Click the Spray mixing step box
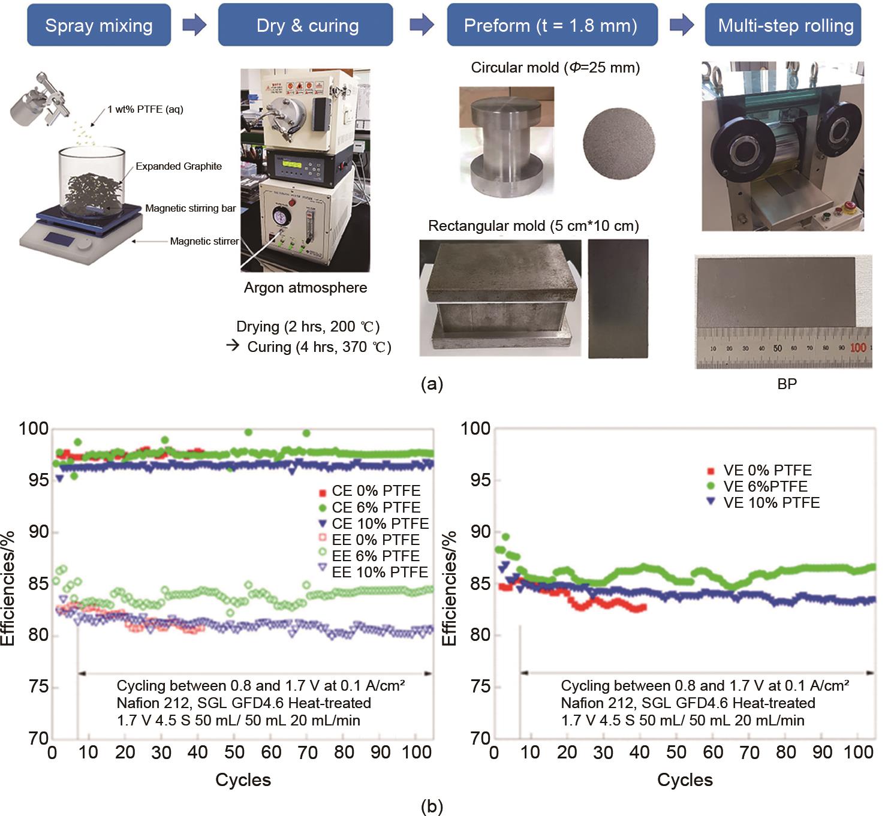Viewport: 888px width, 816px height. [99, 25]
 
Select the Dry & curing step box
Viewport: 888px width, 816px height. [306, 25]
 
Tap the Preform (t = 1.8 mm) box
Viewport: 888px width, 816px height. [552, 25]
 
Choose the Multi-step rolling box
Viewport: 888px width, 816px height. [783, 25]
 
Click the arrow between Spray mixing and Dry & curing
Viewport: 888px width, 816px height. [194, 25]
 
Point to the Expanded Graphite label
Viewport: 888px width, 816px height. [179, 166]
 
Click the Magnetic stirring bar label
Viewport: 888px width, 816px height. [191, 208]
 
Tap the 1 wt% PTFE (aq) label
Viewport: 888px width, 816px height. [146, 109]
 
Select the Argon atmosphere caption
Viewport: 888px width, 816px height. [305, 287]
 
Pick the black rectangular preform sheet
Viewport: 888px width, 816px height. [618, 298]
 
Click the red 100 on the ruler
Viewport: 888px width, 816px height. [858, 347]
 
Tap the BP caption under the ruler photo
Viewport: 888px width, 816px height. [787, 384]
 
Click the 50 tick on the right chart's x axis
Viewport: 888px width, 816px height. [676, 752]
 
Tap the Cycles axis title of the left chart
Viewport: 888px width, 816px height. [243, 779]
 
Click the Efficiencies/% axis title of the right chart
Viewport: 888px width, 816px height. [449, 588]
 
